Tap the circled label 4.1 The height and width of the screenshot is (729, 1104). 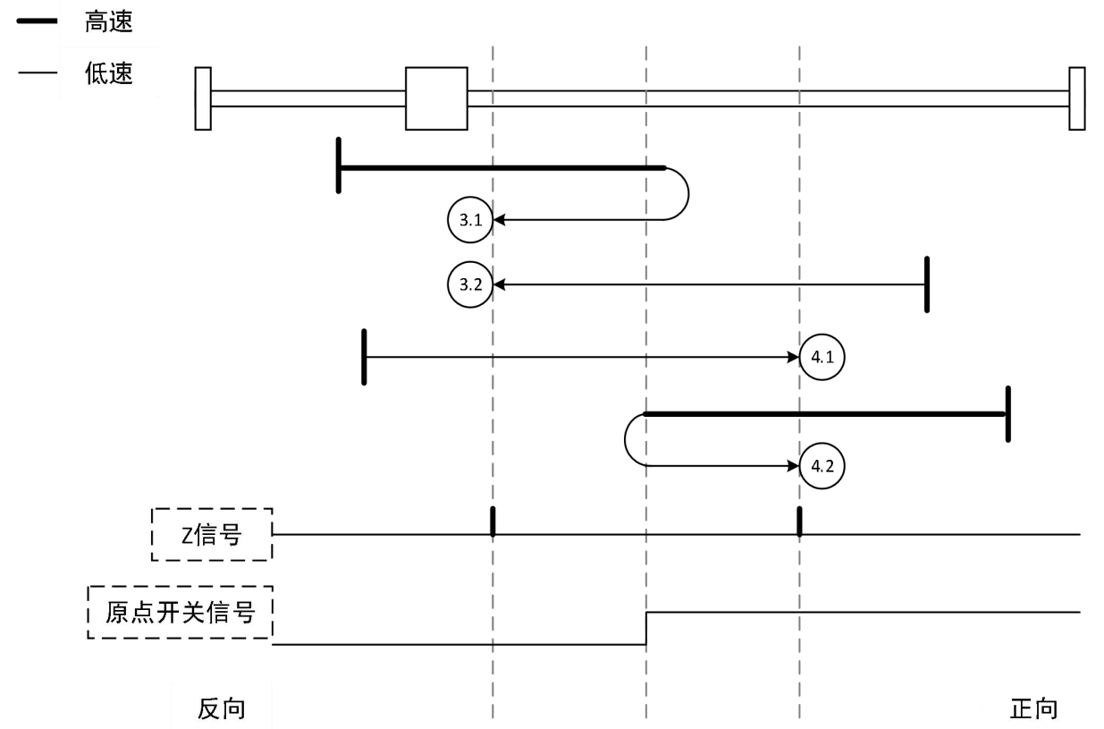pos(822,357)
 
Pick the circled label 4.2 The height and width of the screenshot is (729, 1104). pos(822,465)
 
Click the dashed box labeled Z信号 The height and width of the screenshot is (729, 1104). pos(212,534)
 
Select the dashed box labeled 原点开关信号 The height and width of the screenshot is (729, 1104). pos(180,613)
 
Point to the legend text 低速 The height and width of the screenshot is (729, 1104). pos(109,73)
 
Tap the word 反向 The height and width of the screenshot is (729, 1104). pos(221,708)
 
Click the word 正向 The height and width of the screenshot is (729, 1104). pos(1034,708)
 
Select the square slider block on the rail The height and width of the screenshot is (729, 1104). pos(436,98)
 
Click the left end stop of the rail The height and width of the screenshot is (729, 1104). pos(203,98)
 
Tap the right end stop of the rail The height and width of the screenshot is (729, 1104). pos(1077,98)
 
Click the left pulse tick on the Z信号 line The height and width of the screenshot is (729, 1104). pos(493,521)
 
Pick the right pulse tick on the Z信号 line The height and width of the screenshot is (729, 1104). pos(799,521)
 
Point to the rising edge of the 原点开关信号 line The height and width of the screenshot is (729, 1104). pos(646,628)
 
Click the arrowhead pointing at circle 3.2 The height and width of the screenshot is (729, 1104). pos(500,284)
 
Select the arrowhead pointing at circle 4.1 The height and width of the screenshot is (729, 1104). pos(792,357)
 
